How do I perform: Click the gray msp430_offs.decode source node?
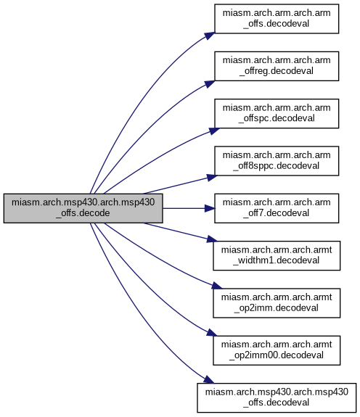pyautogui.click(x=83, y=208)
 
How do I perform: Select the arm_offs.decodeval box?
pyautogui.click(x=277, y=19)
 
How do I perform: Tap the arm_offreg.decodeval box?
pyautogui.click(x=277, y=66)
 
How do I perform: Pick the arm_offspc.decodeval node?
pyautogui.click(x=277, y=114)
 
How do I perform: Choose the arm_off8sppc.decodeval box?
pyautogui.click(x=277, y=161)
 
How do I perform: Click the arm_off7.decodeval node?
pyautogui.click(x=277, y=208)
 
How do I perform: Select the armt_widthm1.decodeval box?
pyautogui.click(x=277, y=255)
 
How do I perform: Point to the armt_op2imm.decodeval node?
pyautogui.click(x=277, y=303)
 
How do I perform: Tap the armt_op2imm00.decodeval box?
pyautogui.click(x=277, y=350)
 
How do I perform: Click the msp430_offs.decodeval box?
pyautogui.click(x=277, y=398)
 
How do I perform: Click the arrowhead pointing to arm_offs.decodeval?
pyautogui.click(x=210, y=36)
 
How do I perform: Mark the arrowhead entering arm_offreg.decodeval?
pyautogui.click(x=210, y=83)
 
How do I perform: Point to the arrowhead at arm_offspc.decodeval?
pyautogui.click(x=214, y=131)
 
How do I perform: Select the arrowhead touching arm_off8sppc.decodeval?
pyautogui.click(x=212, y=178)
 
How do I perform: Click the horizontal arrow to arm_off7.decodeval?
pyautogui.click(x=189, y=208)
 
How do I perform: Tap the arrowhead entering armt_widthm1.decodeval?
pyautogui.click(x=212, y=239)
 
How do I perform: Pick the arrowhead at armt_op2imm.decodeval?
pyautogui.click(x=216, y=286)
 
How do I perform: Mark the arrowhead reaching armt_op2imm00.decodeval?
pyautogui.click(x=212, y=333)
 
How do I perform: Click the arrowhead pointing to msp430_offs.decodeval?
pyautogui.click(x=209, y=380)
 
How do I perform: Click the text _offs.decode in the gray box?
pyautogui.click(x=83, y=213)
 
